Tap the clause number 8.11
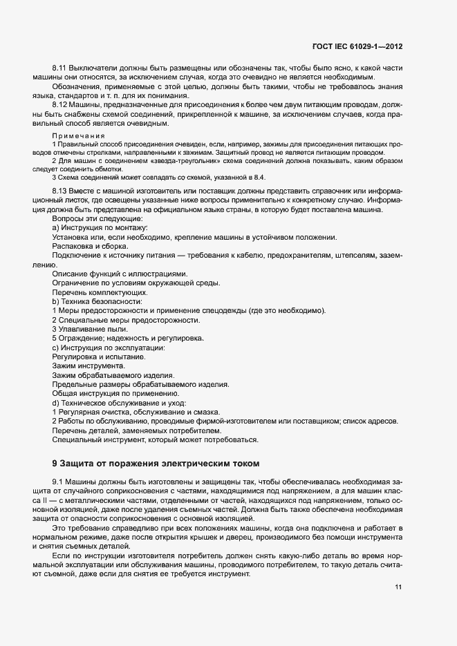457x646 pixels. coord(59,68)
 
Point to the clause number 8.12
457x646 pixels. coord(59,104)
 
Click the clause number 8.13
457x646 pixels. coord(59,190)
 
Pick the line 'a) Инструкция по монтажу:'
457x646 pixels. coord(100,227)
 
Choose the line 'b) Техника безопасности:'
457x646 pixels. coord(97,301)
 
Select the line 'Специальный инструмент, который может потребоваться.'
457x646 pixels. coord(156,439)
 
